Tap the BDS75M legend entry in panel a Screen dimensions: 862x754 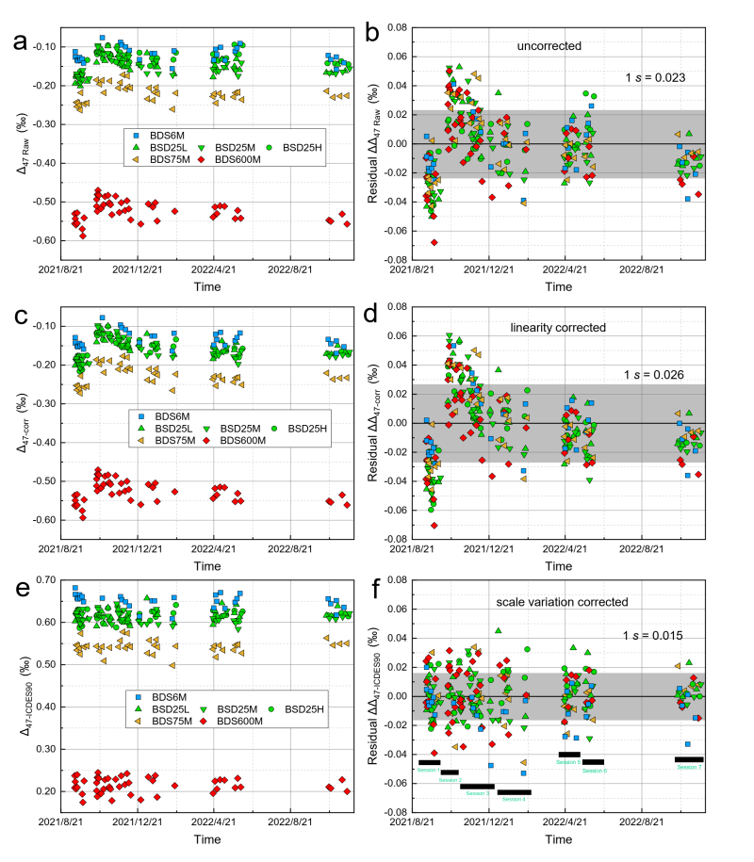point(168,160)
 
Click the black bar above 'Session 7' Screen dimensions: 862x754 point(689,758)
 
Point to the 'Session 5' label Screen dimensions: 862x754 point(568,762)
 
